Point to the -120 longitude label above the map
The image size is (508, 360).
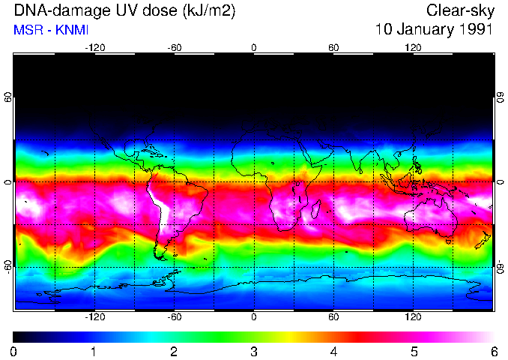click(x=94, y=47)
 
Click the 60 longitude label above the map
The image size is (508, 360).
click(x=333, y=47)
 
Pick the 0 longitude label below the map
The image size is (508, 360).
click(x=253, y=316)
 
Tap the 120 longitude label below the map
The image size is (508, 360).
click(x=412, y=316)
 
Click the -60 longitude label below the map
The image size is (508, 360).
click(x=174, y=316)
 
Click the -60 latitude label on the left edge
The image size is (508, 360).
click(x=8, y=266)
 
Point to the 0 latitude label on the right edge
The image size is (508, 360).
click(x=500, y=182)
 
